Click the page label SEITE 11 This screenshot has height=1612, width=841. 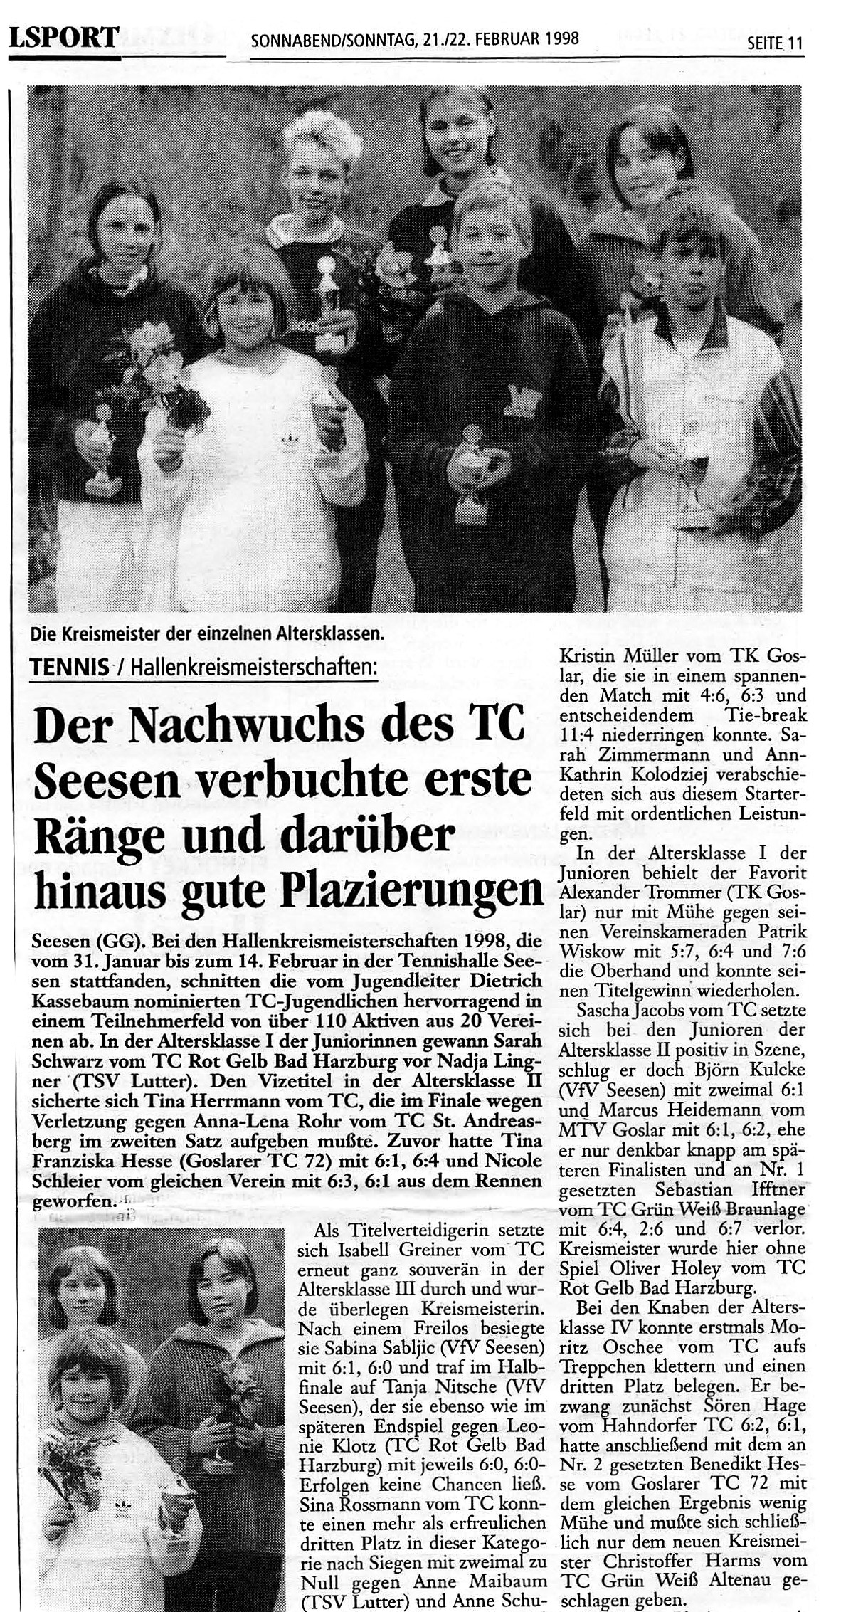[x=774, y=43]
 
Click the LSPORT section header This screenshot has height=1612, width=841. [x=63, y=37]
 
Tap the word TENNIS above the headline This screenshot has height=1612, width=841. [x=70, y=667]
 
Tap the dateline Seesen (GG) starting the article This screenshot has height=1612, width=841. [x=78, y=942]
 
